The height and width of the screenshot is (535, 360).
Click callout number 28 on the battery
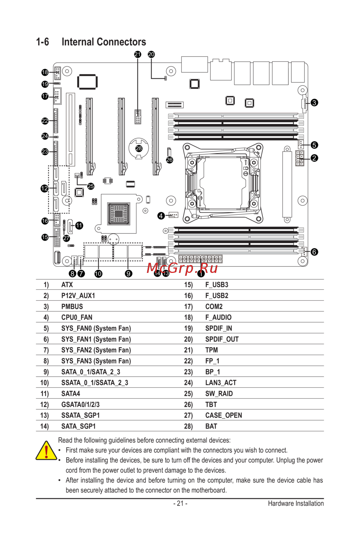(139, 148)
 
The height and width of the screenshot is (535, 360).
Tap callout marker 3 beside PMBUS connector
(314, 103)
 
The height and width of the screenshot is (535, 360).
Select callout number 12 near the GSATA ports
(45, 188)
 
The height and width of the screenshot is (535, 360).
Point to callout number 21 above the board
(138, 54)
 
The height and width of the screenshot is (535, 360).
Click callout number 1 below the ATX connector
(201, 274)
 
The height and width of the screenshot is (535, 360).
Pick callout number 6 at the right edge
(314, 252)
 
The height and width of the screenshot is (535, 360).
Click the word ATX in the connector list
(67, 285)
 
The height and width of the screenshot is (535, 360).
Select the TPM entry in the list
(211, 350)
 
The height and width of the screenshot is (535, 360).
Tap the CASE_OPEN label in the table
(224, 415)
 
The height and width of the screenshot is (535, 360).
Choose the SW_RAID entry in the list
(219, 394)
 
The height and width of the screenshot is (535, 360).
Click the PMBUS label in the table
(72, 306)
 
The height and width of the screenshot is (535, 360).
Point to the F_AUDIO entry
(218, 317)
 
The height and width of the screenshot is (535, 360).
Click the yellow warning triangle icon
(46, 451)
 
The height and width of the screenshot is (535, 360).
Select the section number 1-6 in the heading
(42, 42)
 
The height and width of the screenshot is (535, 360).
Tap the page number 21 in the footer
(180, 503)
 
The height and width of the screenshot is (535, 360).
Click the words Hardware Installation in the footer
(296, 503)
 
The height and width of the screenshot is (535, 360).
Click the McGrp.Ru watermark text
(182, 268)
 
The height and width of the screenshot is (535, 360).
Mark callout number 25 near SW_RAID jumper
(91, 186)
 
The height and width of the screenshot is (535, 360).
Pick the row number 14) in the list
(44, 426)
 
